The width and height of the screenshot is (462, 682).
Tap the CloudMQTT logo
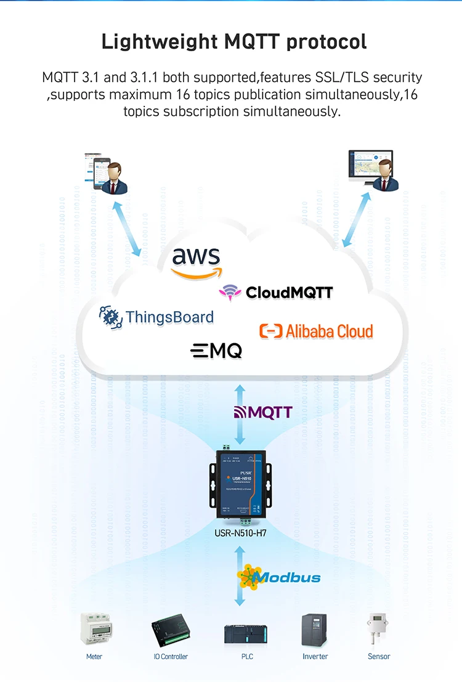276,292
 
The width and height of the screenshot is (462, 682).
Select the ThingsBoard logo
157,317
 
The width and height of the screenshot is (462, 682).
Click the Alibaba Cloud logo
316,331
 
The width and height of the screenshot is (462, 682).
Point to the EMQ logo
216,351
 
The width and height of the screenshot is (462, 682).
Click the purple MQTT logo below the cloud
262,412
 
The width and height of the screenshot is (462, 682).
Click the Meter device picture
94,630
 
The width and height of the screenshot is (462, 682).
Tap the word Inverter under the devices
315,657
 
